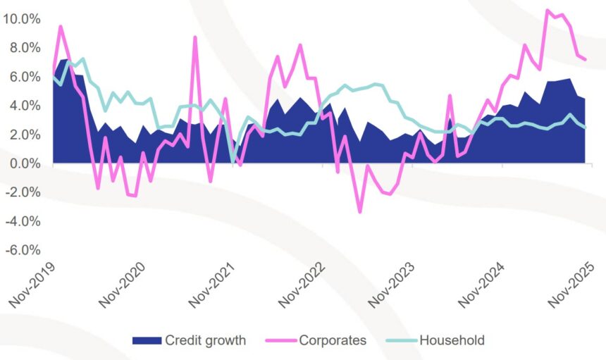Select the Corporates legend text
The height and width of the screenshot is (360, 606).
pos(333,341)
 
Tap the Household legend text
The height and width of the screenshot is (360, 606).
pos(452,341)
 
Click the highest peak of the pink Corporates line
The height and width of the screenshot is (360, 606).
pos(548,10)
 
